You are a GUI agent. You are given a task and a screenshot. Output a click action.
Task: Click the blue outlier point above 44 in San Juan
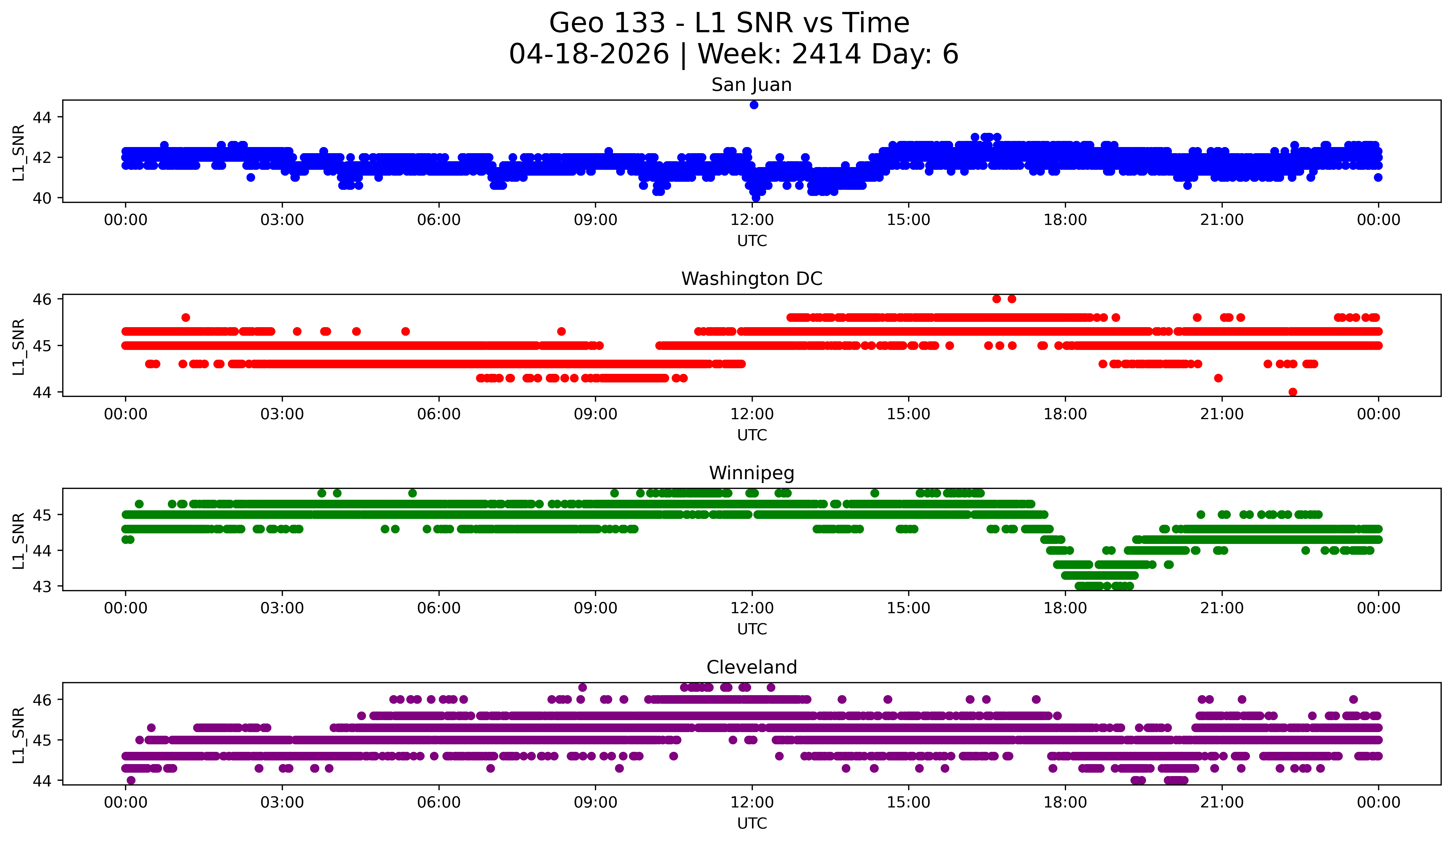click(x=754, y=105)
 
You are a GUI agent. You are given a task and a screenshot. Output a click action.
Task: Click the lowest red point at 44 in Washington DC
click(x=1292, y=392)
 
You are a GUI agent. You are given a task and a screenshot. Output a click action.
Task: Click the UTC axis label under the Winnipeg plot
click(x=752, y=629)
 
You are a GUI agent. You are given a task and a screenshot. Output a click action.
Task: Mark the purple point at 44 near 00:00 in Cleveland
click(x=131, y=780)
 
